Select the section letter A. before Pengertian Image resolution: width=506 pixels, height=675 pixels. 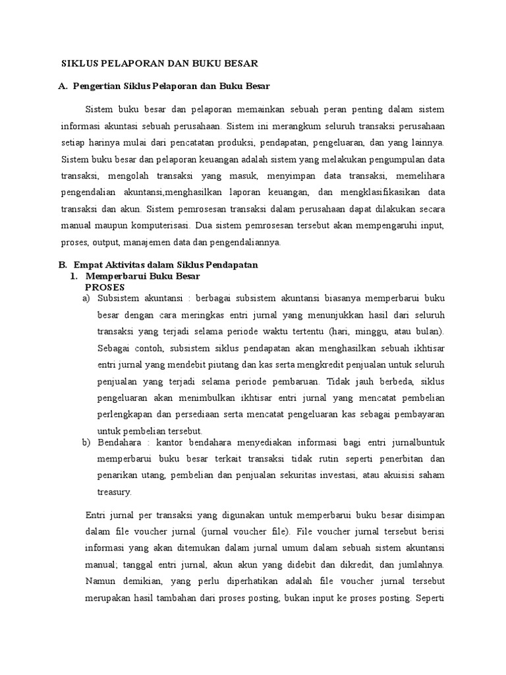[64, 86]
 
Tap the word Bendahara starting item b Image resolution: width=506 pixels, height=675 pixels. [119, 442]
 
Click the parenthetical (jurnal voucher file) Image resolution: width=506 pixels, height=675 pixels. [235, 531]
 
